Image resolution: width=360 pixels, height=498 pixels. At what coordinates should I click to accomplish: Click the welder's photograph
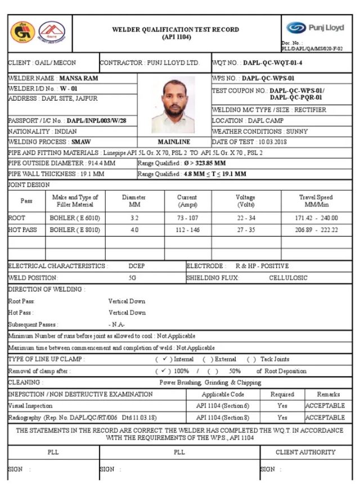click(x=174, y=105)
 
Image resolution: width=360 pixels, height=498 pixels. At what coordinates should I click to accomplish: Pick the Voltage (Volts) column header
click(x=245, y=201)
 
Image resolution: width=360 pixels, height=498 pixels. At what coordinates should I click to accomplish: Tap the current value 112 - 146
click(x=187, y=230)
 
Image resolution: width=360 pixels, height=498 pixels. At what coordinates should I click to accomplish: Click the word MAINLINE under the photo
click(x=174, y=142)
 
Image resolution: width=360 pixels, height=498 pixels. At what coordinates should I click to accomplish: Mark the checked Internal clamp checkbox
click(x=163, y=359)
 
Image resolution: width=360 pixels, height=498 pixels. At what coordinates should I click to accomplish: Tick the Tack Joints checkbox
click(x=251, y=359)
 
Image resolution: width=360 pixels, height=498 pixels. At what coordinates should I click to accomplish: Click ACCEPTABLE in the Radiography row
click(x=325, y=418)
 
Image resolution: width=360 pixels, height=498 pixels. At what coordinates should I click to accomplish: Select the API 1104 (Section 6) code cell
click(x=223, y=406)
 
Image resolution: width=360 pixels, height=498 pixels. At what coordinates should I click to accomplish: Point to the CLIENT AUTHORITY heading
click(x=305, y=452)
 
